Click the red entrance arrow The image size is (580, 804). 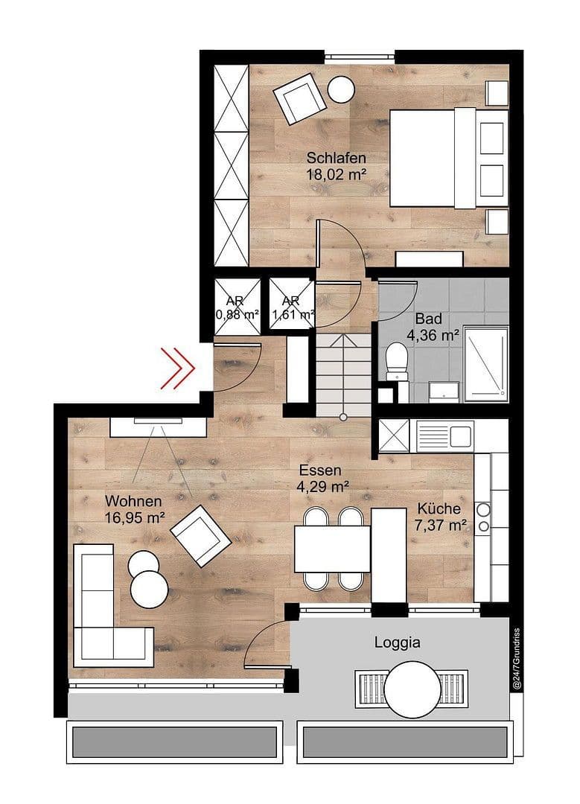(179, 367)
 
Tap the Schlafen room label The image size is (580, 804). (337, 158)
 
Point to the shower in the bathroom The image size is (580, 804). (485, 364)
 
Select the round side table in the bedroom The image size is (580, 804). (342, 89)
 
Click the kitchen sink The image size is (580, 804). (444, 434)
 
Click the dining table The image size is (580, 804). (332, 549)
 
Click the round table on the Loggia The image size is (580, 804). (413, 689)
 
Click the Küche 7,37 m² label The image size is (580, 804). (442, 517)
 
